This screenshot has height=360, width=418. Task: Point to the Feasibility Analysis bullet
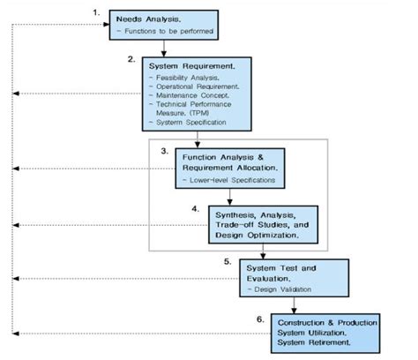[x=186, y=79]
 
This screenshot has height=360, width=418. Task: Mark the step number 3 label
[x=164, y=151]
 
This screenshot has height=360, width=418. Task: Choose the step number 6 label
[x=260, y=317]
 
